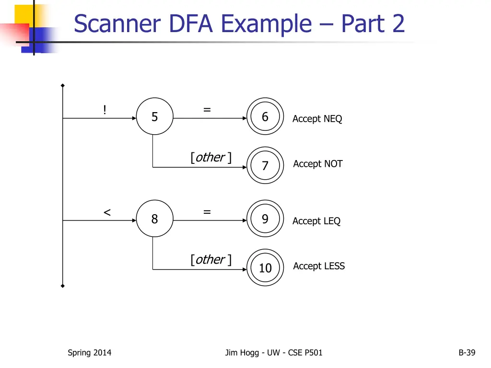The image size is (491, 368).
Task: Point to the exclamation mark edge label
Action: (x=105, y=110)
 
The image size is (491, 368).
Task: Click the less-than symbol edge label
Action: (x=107, y=212)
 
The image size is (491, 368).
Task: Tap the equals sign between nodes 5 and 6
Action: (x=207, y=110)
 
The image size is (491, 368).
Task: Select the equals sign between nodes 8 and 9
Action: (x=207, y=212)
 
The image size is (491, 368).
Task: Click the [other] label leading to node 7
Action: (x=211, y=157)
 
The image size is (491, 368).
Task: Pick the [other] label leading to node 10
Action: (x=211, y=260)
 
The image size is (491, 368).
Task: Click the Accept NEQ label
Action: (x=317, y=119)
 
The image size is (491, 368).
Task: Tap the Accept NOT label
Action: (x=318, y=164)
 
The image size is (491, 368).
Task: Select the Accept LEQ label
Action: (x=316, y=221)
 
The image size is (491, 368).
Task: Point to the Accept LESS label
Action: (x=319, y=266)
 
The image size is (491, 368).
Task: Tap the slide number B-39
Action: (x=467, y=353)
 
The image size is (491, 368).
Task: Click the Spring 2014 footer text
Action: (x=90, y=353)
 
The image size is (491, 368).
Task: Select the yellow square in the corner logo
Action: (x=24, y=15)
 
